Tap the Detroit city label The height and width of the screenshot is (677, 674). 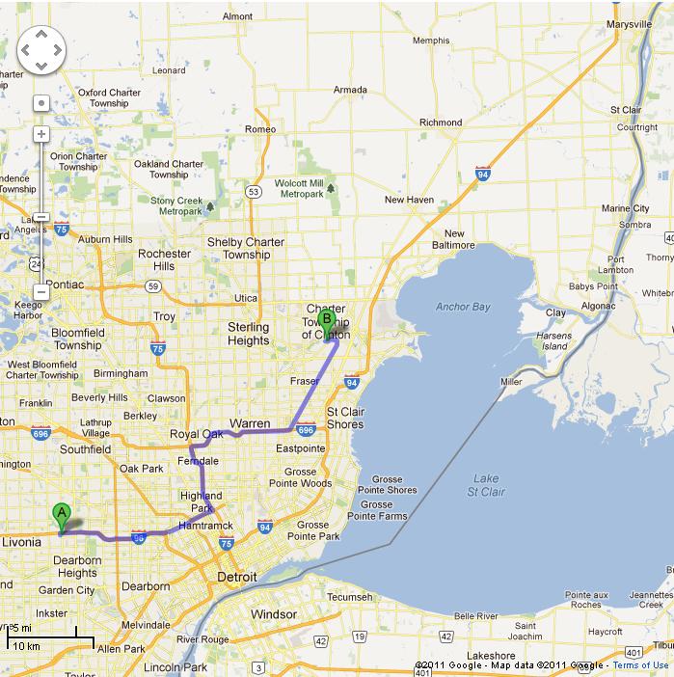point(236,577)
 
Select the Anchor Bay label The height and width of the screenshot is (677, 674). point(463,307)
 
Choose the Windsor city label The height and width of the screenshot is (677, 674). point(273,613)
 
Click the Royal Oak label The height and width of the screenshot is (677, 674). point(197,434)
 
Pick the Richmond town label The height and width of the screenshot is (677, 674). point(441,122)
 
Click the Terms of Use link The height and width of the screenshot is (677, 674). point(640,665)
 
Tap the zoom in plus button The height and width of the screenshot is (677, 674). point(41,134)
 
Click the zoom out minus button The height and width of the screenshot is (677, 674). point(41,291)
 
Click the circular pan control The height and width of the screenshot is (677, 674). point(41,49)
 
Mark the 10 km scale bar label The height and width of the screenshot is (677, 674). point(26,645)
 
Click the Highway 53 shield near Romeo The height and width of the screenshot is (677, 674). point(253,192)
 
